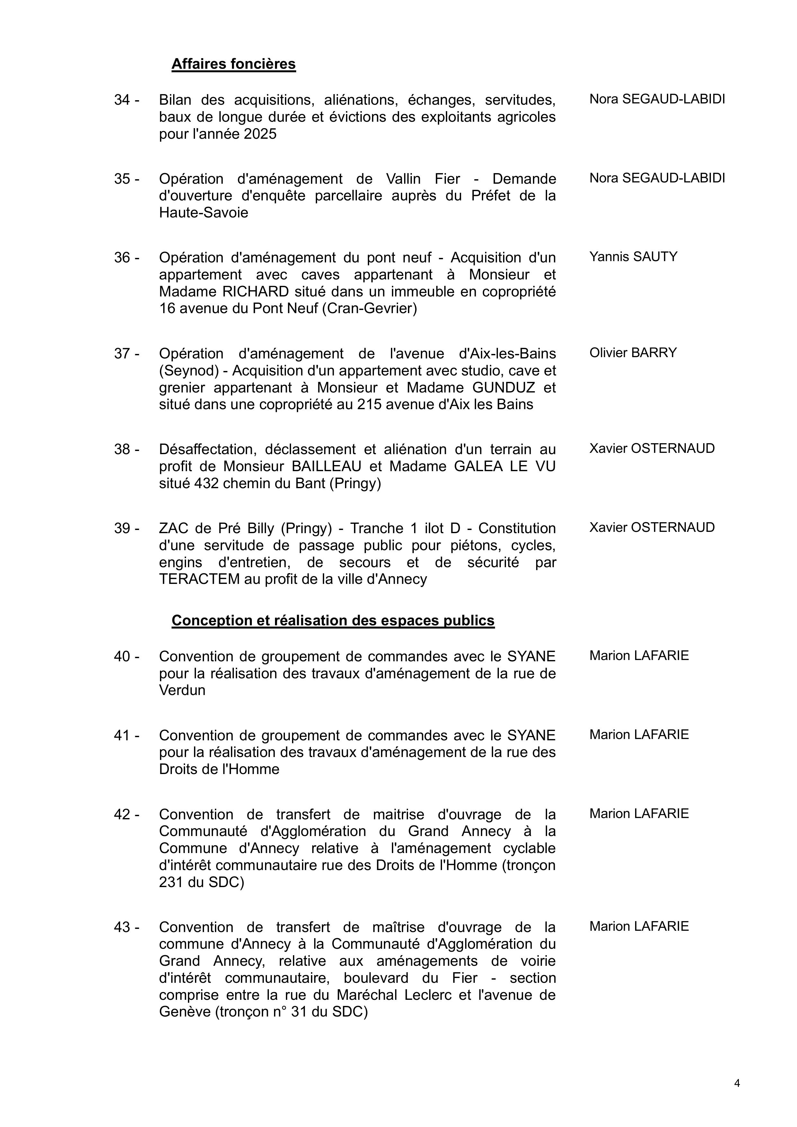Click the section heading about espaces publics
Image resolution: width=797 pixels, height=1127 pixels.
coord(332,621)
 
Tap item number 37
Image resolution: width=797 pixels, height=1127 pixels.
coord(126,353)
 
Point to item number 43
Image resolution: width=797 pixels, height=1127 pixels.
coord(126,927)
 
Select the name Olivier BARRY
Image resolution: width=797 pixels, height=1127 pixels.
coord(633,353)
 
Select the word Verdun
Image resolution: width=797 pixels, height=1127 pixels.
coord(182,690)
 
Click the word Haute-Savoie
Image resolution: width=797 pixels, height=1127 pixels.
coord(203,213)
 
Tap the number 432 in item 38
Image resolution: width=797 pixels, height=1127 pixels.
coord(206,483)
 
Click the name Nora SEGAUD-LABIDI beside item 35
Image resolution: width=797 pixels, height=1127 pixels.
coord(657,178)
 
